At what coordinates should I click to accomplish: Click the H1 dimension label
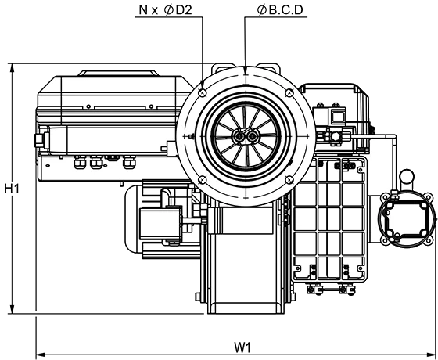click(12, 189)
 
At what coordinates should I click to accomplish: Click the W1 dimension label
click(242, 347)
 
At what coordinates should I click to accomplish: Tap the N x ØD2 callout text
click(165, 10)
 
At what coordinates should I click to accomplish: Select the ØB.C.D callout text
click(280, 10)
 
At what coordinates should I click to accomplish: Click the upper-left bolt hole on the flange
click(203, 92)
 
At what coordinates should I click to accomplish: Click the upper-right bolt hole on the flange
click(289, 92)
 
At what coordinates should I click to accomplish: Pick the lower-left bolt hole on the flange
click(203, 180)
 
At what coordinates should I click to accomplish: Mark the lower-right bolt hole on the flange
click(289, 180)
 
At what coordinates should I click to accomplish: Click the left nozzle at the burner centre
click(239, 136)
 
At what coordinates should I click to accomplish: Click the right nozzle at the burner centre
click(253, 136)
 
